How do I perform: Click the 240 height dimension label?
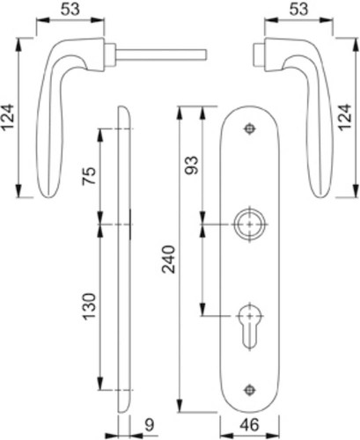(x=169, y=260)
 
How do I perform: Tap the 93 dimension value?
(x=193, y=165)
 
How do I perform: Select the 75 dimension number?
(x=89, y=175)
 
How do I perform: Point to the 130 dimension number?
(x=89, y=306)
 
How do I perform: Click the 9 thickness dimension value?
(x=150, y=425)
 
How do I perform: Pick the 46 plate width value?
(x=249, y=425)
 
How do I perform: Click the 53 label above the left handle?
(x=70, y=10)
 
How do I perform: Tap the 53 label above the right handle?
(x=298, y=10)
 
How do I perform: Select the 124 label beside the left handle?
(x=8, y=117)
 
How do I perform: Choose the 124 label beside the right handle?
(x=346, y=117)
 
